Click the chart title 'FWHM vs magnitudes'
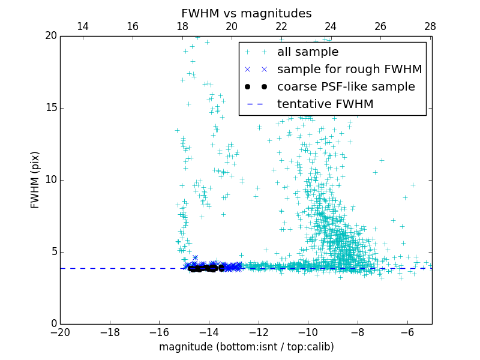point(246,13)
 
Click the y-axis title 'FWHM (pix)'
point(35,179)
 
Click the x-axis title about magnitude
point(246,347)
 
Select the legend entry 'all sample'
point(308,52)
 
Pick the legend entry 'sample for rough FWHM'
point(349,70)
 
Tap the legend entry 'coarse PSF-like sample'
point(346,87)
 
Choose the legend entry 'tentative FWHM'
point(325,104)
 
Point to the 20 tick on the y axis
point(50,36)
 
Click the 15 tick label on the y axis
point(50,108)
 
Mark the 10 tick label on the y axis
point(50,180)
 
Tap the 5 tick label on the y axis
point(52,252)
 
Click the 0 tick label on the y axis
point(52,324)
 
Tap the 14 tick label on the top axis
point(83,26)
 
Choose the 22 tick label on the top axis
point(281,26)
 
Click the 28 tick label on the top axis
point(430,26)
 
